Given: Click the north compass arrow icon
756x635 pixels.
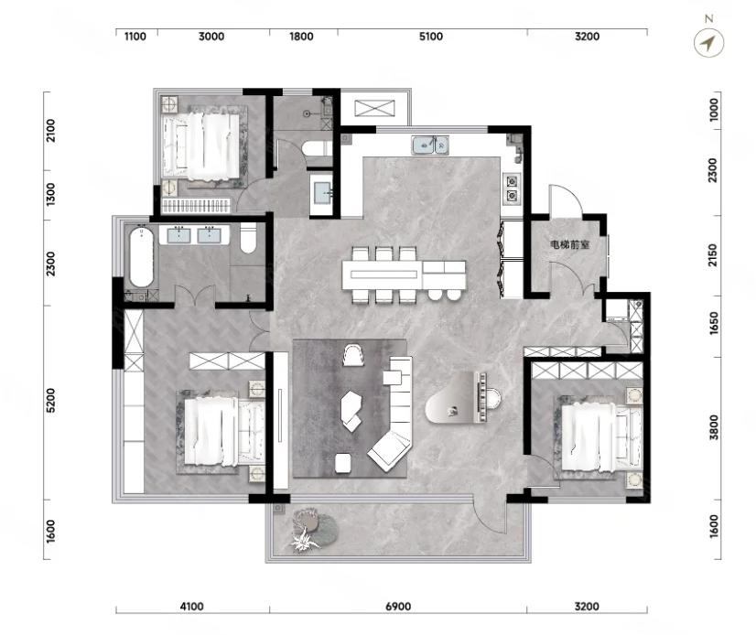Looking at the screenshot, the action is (x=708, y=43).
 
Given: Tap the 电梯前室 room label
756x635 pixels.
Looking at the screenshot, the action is (x=570, y=245).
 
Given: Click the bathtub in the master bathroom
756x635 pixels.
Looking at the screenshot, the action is (x=141, y=257).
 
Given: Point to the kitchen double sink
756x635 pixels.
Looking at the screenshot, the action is (x=430, y=145).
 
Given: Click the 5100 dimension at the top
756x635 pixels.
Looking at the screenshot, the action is (x=431, y=37).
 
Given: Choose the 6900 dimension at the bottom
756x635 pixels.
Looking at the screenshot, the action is (x=398, y=607).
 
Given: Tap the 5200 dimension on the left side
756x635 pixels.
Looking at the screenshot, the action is (x=50, y=400).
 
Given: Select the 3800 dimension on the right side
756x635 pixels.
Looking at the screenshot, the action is (x=714, y=427).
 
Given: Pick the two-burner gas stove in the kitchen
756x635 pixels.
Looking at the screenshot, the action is (x=511, y=188).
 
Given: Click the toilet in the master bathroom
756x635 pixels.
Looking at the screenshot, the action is (x=248, y=238).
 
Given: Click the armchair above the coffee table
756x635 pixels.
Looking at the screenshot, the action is (x=352, y=355).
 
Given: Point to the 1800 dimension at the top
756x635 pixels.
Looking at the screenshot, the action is (x=301, y=37).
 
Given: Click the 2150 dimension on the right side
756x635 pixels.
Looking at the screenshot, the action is (x=714, y=255).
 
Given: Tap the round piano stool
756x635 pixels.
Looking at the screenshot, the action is (x=493, y=398).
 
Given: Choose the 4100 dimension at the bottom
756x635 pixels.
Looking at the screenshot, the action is (x=191, y=607).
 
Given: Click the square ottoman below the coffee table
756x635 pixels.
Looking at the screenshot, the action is (x=343, y=463).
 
